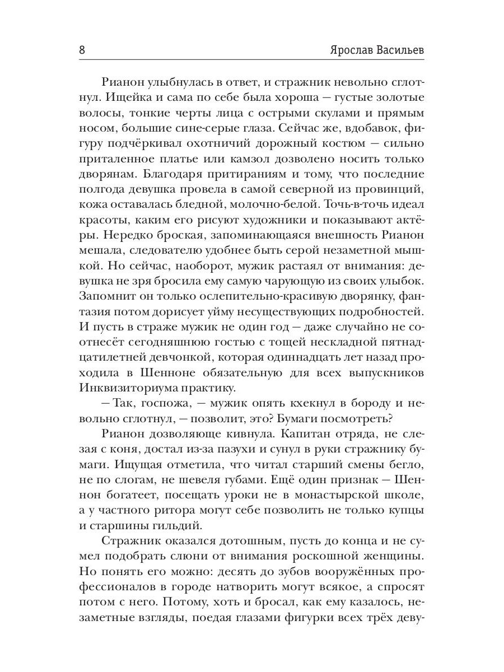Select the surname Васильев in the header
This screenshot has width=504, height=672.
click(399, 49)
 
